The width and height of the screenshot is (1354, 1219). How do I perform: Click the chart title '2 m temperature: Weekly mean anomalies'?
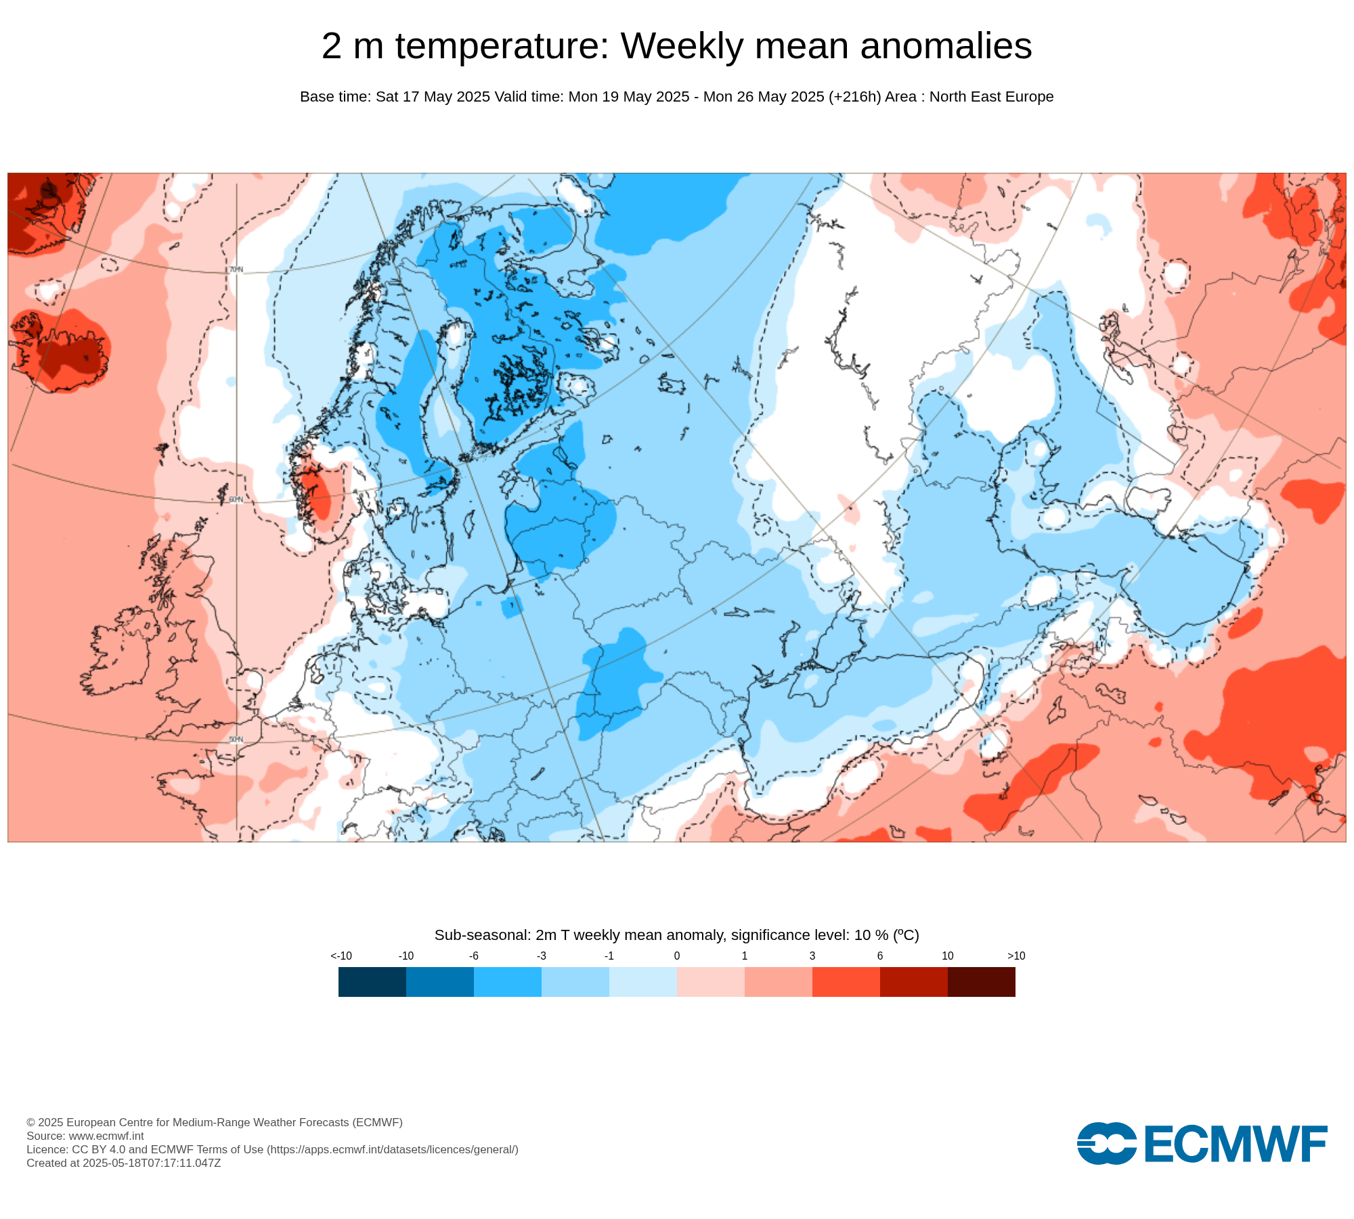tap(676, 46)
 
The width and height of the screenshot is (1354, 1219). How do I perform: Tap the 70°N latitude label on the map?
tap(236, 270)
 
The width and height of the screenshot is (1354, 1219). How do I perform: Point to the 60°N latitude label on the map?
tap(236, 500)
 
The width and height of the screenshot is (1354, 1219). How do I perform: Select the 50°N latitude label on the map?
tap(236, 740)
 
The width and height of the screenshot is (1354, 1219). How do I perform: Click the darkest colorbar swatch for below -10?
tap(372, 982)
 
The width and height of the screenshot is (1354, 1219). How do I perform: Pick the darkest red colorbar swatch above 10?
tap(982, 982)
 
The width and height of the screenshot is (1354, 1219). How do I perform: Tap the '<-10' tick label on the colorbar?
tap(341, 956)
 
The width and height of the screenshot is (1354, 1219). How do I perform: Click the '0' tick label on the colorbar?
tap(677, 956)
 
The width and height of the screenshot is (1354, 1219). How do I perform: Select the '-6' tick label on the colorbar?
tap(474, 956)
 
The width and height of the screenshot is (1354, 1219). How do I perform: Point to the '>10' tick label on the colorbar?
tap(1016, 956)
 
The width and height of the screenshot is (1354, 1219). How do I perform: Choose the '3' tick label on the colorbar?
tap(812, 956)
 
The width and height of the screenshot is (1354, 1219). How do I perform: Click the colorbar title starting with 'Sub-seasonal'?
tap(676, 935)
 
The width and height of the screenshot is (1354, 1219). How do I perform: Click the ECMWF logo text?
tap(1236, 1145)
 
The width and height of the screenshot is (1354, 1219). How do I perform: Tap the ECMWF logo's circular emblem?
tap(1106, 1144)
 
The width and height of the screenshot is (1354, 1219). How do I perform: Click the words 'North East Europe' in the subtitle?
tap(991, 97)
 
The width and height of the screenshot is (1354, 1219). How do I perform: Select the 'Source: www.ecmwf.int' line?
tap(85, 1136)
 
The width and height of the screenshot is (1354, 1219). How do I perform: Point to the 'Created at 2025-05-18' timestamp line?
tap(124, 1163)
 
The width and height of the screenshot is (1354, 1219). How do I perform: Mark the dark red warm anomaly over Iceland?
tap(68, 352)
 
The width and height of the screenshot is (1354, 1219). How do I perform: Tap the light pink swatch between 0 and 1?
tap(711, 982)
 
